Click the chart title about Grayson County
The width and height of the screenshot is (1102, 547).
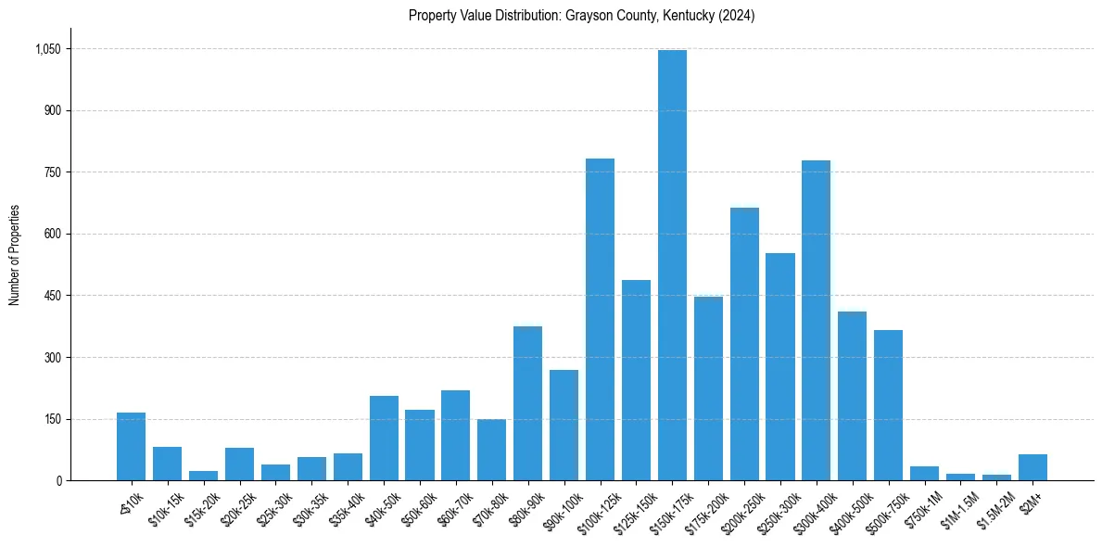pos(581,16)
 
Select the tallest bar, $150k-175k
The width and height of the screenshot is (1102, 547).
pos(672,265)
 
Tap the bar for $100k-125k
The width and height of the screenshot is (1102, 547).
pos(600,320)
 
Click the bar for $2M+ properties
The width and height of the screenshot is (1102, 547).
pos(1032,467)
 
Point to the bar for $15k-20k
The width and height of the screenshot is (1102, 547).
pos(203,476)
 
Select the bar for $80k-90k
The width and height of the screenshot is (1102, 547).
pos(527,403)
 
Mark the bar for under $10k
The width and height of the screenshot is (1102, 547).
pos(131,447)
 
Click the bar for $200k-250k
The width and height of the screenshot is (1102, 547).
pos(744,344)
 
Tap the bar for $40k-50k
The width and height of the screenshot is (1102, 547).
pos(384,439)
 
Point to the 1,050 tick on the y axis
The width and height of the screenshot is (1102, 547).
pos(47,49)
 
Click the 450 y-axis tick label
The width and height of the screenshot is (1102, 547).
pos(52,296)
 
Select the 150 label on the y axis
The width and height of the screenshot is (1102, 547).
pos(52,419)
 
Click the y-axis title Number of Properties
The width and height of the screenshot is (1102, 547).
pos(15,255)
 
